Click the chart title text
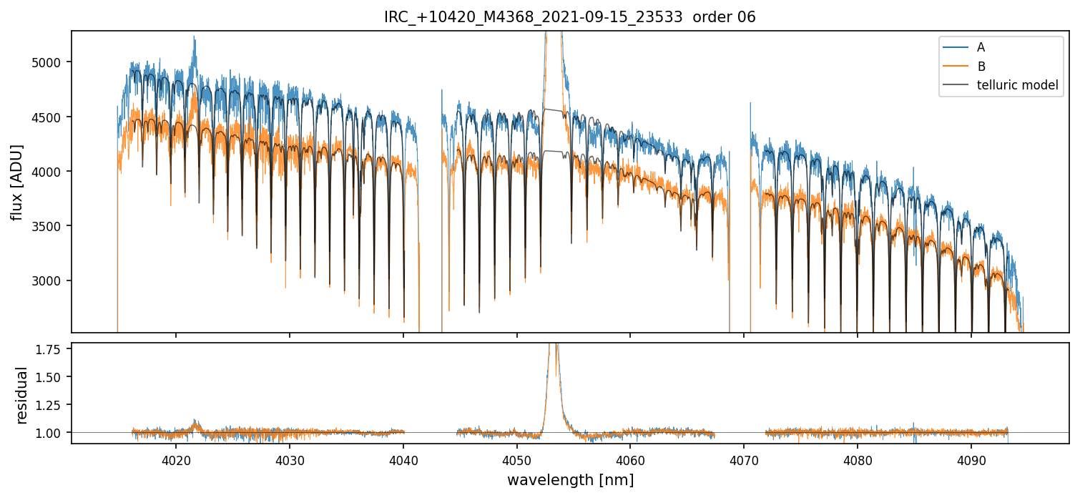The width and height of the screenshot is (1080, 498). pyautogui.click(x=569, y=17)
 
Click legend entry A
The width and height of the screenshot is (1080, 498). pyautogui.click(x=981, y=47)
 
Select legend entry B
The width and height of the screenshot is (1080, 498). pyautogui.click(x=981, y=67)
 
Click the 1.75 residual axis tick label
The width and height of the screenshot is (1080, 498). pyautogui.click(x=52, y=349)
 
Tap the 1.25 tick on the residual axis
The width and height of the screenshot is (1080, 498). pyautogui.click(x=52, y=405)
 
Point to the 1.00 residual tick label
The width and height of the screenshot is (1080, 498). pyautogui.click(x=52, y=433)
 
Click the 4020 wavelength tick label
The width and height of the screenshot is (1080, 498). pyautogui.click(x=176, y=459)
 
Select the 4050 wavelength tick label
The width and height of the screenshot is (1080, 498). pyautogui.click(x=516, y=459)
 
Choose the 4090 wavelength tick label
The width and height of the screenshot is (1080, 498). pyautogui.click(x=971, y=459)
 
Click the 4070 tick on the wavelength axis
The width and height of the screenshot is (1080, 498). pyautogui.click(x=744, y=459)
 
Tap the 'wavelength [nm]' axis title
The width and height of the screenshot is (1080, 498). pyautogui.click(x=570, y=479)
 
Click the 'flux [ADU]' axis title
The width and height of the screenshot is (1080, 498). pyautogui.click(x=16, y=182)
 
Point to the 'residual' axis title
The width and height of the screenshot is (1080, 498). pyautogui.click(x=22, y=394)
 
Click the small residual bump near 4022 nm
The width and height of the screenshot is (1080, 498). pyautogui.click(x=195, y=423)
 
